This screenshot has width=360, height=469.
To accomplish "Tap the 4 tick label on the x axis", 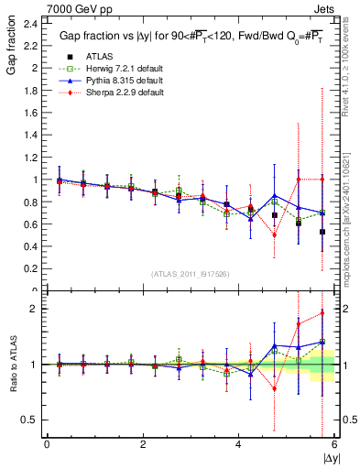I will [238, 443].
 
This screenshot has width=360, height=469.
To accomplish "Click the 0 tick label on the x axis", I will [47, 443].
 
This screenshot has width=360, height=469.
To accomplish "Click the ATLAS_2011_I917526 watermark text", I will [190, 274].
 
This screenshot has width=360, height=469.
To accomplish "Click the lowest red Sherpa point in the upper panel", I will [274, 234].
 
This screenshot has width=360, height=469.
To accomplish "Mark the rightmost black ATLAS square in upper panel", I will [322, 232].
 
